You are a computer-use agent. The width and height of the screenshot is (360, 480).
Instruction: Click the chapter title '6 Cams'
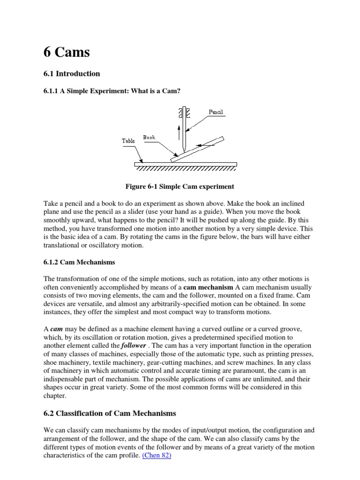pyautogui.click(x=66, y=52)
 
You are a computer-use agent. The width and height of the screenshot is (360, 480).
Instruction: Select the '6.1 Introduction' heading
pyautogui.click(x=72, y=74)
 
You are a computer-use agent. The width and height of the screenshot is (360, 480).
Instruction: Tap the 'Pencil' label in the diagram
pyautogui.click(x=216, y=112)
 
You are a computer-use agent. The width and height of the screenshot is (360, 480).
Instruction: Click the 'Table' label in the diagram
pyautogui.click(x=128, y=140)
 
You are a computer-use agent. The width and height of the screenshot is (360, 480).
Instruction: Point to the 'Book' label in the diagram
pyautogui.click(x=149, y=137)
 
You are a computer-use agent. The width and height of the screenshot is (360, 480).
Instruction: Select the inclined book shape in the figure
pyautogui.click(x=197, y=149)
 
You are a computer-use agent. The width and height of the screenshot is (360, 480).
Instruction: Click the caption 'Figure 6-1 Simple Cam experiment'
pyautogui.click(x=180, y=187)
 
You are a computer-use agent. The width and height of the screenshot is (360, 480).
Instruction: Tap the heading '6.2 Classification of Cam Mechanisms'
pyautogui.click(x=110, y=413)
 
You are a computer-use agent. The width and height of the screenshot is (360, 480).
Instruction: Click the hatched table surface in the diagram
pyautogui.click(x=185, y=166)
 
